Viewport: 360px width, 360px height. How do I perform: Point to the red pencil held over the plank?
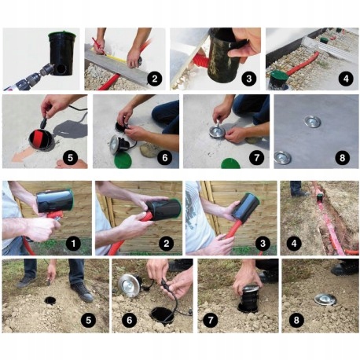click(x=97, y=45)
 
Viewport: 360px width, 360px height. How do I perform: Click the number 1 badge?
click(x=73, y=244)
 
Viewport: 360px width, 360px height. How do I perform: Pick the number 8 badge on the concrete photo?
click(x=342, y=158)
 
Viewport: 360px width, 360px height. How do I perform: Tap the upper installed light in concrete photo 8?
click(x=313, y=122)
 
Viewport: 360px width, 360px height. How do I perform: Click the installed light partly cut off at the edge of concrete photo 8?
click(x=281, y=158)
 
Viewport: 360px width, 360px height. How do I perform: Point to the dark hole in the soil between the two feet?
click(x=50, y=300)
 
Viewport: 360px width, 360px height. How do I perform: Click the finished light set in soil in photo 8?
click(x=325, y=300)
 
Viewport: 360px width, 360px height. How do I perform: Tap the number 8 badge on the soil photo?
click(x=296, y=320)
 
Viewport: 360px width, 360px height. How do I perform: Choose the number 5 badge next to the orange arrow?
click(x=71, y=158)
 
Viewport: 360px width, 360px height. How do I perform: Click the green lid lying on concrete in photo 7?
click(x=230, y=163)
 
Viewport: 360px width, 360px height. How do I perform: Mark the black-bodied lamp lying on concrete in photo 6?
click(x=120, y=144)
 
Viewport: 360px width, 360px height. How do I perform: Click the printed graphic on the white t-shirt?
click(x=194, y=208)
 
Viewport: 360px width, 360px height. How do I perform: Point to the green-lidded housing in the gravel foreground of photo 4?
click(x=277, y=79)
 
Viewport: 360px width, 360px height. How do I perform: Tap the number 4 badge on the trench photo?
click(x=294, y=244)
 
